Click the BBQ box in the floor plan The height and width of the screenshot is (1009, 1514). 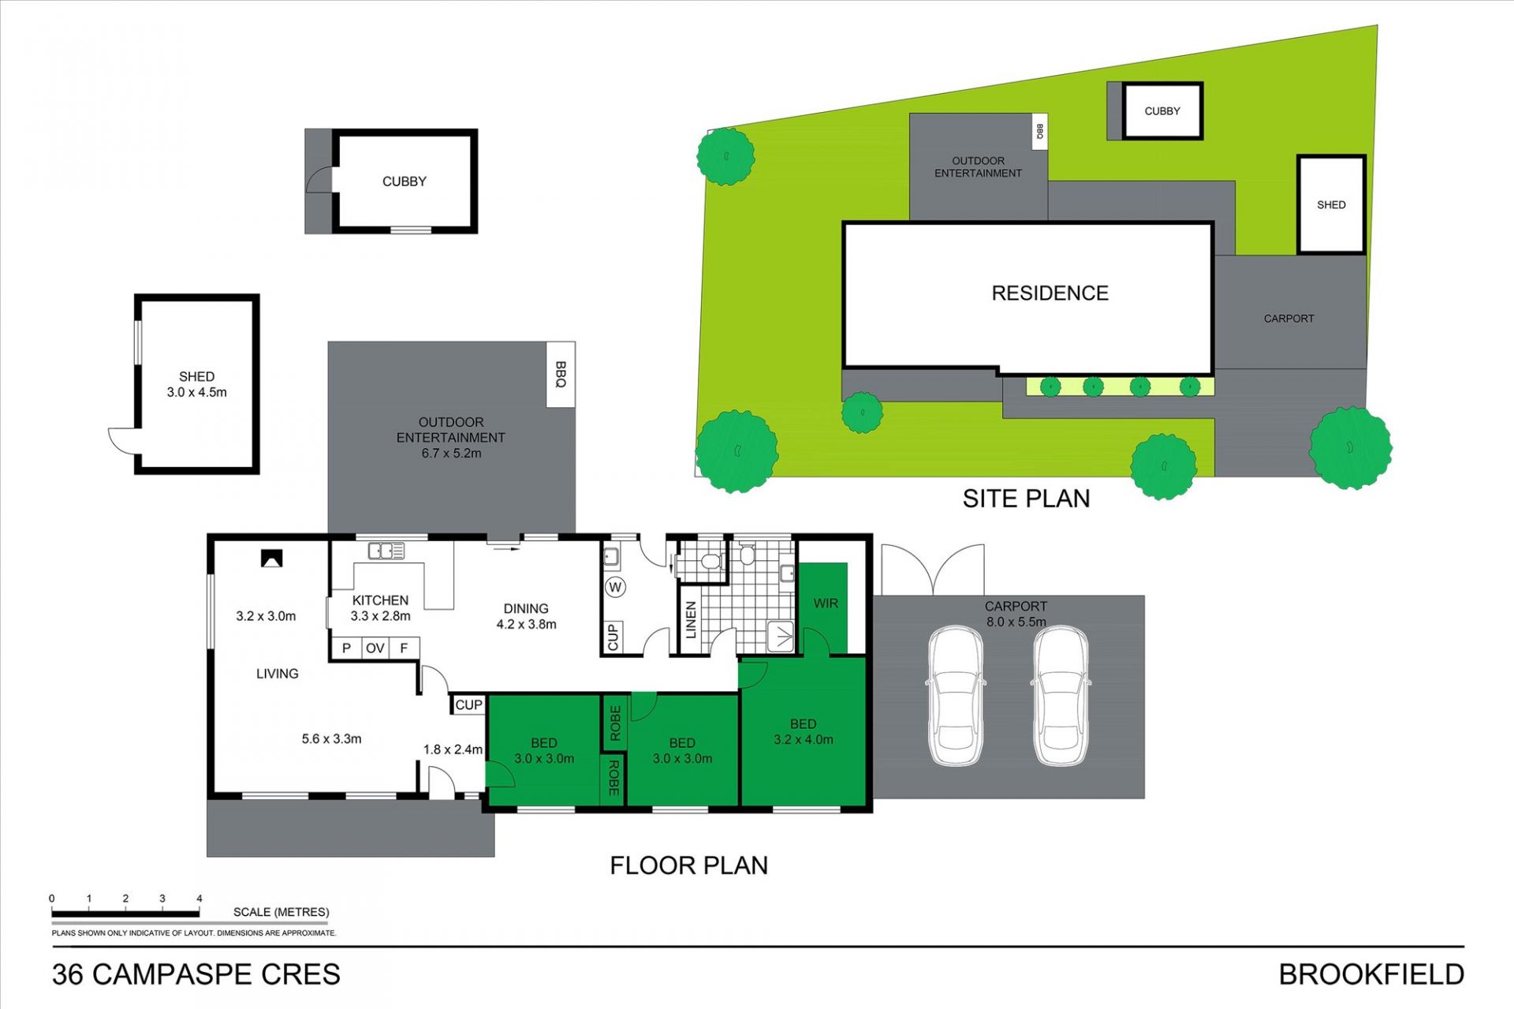click(561, 375)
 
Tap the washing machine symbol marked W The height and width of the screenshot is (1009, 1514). click(616, 587)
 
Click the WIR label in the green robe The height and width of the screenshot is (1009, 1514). click(826, 604)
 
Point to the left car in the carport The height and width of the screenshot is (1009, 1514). click(956, 696)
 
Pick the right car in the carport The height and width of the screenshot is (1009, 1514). click(1061, 696)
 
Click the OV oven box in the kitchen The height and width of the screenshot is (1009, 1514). click(375, 648)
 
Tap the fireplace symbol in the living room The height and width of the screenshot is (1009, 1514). click(271, 559)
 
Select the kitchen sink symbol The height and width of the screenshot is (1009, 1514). click(386, 551)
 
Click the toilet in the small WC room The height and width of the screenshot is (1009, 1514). click(710, 562)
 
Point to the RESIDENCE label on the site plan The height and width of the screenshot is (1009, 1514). click(1050, 293)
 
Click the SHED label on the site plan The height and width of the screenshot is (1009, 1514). click(1331, 205)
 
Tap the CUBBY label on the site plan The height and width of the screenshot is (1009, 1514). click(1162, 111)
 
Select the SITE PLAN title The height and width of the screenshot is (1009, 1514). click(1026, 499)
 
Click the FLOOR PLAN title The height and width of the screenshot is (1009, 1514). click(688, 865)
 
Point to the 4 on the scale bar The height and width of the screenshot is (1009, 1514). click(200, 899)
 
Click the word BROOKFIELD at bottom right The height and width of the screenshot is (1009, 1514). click(1371, 975)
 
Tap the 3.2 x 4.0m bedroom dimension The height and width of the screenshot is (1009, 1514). click(803, 740)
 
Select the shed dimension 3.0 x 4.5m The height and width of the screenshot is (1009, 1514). click(196, 392)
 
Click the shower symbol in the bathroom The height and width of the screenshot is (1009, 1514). click(781, 636)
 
